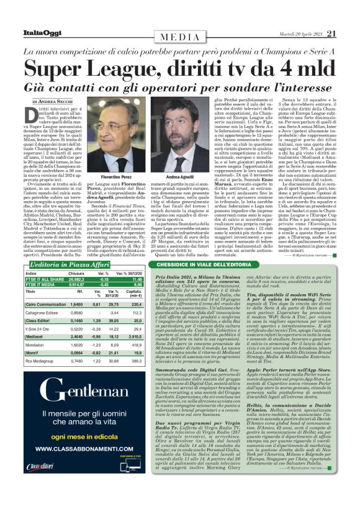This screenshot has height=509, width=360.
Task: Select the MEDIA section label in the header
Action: [181, 37]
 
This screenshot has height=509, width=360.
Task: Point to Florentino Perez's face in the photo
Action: [116, 114]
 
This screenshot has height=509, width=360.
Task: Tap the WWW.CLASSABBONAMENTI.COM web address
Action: [78, 464]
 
